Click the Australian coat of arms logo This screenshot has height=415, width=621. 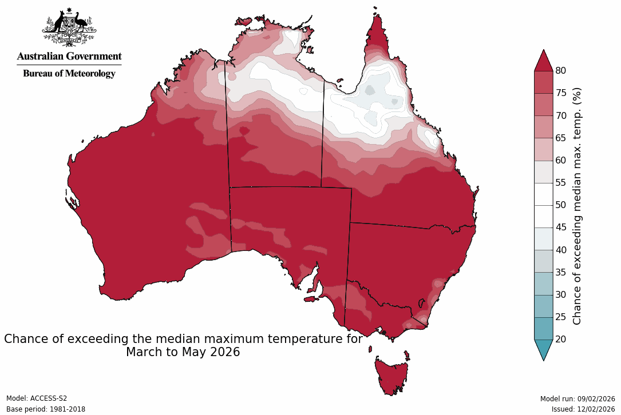[x=69, y=27]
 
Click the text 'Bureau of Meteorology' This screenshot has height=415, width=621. [x=69, y=73]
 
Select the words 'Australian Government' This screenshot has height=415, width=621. [x=69, y=56]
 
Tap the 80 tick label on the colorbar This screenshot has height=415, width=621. [x=561, y=71]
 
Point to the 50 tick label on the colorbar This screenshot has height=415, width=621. [x=561, y=205]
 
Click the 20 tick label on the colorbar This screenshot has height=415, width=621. [x=561, y=339]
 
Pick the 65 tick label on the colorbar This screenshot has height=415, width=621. [x=561, y=138]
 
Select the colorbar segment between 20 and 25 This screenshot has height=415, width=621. [x=543, y=328]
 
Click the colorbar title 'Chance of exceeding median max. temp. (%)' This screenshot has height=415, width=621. [x=577, y=206]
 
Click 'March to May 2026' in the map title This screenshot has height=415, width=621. [x=183, y=352]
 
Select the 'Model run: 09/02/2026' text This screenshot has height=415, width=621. [x=577, y=398]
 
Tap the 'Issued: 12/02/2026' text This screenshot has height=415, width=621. [x=583, y=409]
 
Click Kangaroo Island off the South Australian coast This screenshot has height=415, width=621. [x=310, y=298]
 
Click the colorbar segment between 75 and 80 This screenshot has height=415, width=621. [x=543, y=82]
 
